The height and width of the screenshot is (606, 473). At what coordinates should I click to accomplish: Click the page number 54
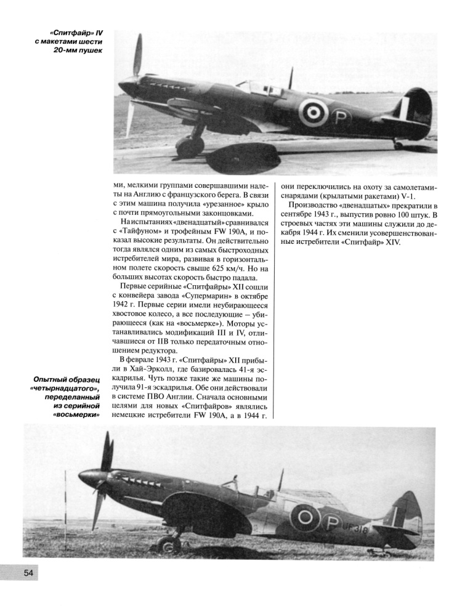28,573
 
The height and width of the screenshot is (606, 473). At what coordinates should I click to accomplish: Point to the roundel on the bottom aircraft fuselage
305,517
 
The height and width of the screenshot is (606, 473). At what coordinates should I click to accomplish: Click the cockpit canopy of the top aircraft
254,86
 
